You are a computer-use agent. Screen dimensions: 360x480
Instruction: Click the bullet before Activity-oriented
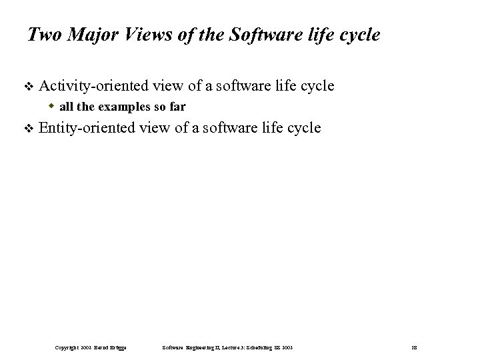pos(27,87)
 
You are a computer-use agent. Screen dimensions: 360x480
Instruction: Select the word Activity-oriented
pos(93,86)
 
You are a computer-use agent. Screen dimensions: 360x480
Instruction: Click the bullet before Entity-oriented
pos(27,129)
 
